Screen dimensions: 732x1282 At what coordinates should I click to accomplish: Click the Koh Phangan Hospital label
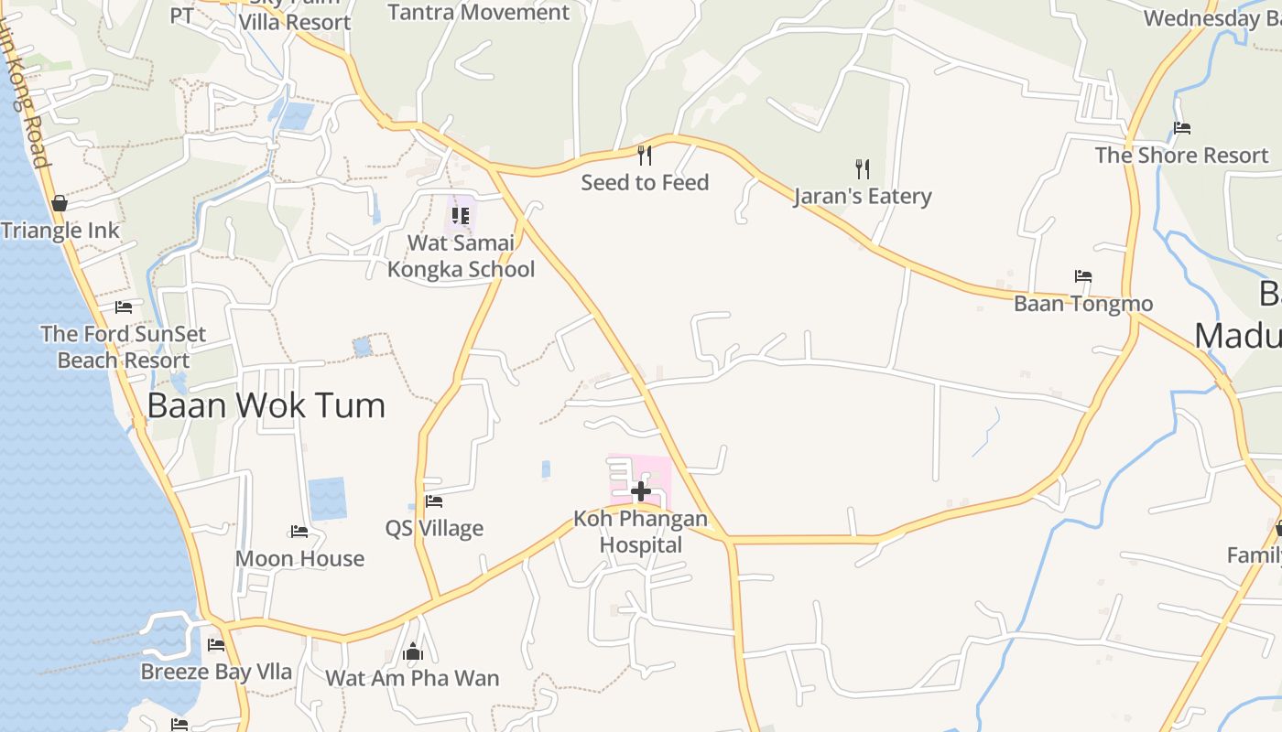point(641,533)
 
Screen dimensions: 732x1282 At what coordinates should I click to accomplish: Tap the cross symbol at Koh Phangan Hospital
point(641,491)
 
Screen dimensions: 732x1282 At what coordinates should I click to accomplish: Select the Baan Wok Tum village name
point(266,404)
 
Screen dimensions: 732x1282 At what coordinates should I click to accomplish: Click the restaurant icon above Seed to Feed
point(645,154)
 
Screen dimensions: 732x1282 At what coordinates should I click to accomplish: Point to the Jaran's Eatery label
point(863,196)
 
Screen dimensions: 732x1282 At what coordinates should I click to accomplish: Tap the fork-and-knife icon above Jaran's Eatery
point(862,168)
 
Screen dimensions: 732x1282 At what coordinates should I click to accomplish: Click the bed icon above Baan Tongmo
point(1083,275)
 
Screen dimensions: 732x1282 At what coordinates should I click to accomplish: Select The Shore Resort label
point(1182,156)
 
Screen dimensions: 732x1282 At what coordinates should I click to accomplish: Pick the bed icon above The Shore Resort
point(1182,128)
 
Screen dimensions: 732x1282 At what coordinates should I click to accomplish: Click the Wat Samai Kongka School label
point(461,256)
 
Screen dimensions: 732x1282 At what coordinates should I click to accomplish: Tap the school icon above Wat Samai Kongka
point(461,215)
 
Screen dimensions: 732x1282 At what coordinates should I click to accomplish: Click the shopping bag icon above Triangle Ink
point(60,202)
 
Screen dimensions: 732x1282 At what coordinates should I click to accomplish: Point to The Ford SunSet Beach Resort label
point(124,347)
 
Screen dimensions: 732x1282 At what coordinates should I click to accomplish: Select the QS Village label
point(434,528)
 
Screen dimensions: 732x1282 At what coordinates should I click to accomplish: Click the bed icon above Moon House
point(299,531)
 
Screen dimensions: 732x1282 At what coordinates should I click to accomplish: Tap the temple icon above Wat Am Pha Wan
point(413,651)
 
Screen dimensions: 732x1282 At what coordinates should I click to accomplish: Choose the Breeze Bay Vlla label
point(216,672)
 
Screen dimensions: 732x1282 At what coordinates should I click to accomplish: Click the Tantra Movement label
point(479,13)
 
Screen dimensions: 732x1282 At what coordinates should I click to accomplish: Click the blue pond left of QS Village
point(327,499)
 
